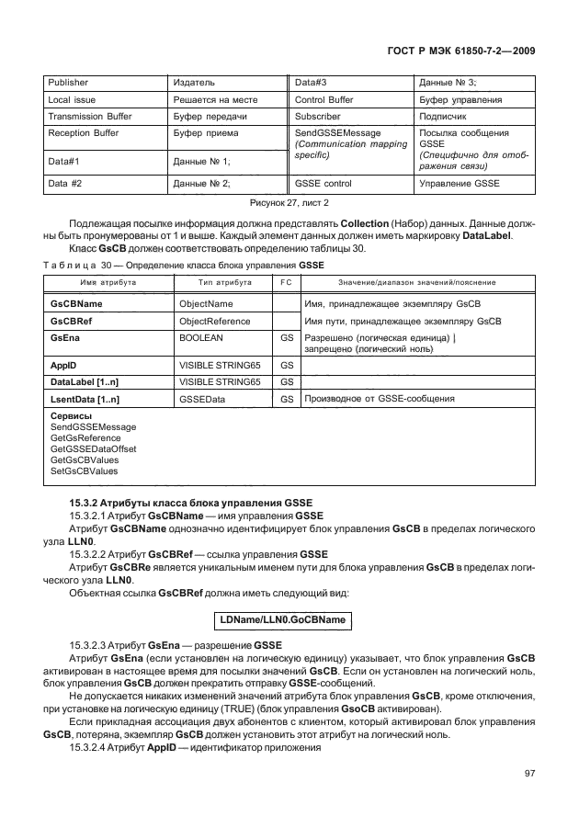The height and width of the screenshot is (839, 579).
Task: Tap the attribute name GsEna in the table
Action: pos(64,339)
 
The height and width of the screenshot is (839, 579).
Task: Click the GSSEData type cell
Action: pos(201,400)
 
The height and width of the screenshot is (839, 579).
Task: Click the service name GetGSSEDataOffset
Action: pos(94,449)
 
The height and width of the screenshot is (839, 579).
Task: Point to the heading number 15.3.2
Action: pos(85,502)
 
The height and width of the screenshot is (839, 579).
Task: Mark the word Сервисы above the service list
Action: pos(71,417)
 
